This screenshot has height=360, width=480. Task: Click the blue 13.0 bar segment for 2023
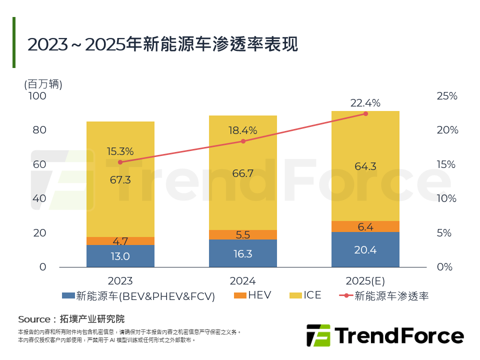click(120, 256)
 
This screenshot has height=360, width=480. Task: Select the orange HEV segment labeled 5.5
click(242, 234)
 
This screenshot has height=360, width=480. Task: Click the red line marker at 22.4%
click(365, 114)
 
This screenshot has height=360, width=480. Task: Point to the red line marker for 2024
click(243, 141)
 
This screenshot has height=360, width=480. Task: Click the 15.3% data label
click(120, 151)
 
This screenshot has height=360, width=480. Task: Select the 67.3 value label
click(120, 180)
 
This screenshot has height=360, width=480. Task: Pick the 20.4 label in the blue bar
click(365, 250)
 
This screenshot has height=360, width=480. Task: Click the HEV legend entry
click(252, 295)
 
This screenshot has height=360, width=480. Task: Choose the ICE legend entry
click(305, 295)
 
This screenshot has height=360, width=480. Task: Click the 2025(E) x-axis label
click(365, 280)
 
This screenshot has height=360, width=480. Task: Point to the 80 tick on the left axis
click(39, 130)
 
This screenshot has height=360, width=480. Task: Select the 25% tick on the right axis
click(447, 96)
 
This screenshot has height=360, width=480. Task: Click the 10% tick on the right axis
click(447, 198)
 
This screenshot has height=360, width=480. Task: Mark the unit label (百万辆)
click(43, 84)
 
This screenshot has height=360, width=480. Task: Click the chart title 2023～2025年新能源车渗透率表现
click(162, 44)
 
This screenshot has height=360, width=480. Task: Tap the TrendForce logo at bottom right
click(384, 335)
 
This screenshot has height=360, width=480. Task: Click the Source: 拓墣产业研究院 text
click(71, 319)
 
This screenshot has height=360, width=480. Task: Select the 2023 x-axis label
click(120, 280)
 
